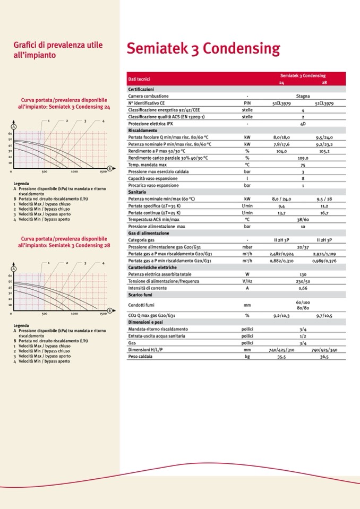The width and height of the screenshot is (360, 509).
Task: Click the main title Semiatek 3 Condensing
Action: (x=203, y=49)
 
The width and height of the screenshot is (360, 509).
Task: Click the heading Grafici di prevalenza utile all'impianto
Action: (x=58, y=50)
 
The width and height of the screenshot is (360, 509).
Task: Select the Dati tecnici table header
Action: (x=139, y=79)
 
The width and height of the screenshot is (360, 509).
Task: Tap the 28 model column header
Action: (x=324, y=83)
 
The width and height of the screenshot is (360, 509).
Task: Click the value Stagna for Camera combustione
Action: (x=303, y=96)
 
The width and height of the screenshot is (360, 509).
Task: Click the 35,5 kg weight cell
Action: (x=279, y=357)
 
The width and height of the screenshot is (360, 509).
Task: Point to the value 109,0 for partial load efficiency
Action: (x=303, y=158)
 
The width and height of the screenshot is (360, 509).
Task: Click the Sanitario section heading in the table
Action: (x=138, y=192)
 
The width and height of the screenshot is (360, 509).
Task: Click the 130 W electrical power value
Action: (x=303, y=274)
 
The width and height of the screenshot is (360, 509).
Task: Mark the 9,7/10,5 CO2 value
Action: (x=324, y=316)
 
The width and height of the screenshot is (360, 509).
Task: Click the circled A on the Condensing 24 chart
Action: (x=14, y=126)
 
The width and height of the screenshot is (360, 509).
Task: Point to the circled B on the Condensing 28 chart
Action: (x=109, y=310)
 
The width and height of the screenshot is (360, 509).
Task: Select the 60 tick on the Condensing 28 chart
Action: (x=10, y=276)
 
